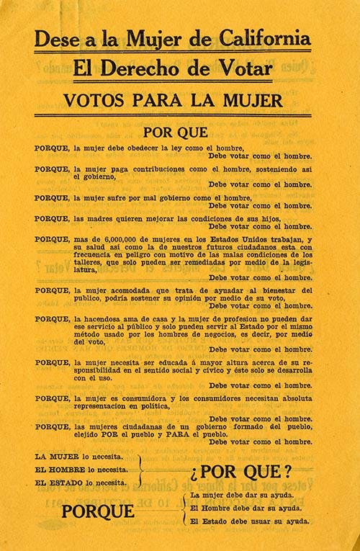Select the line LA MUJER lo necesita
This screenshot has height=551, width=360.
tap(79, 457)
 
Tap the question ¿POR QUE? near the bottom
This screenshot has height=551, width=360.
tap(240, 472)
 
